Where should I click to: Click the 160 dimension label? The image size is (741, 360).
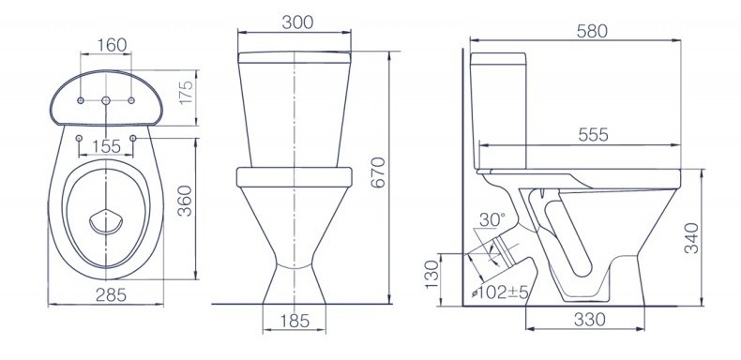[112, 45]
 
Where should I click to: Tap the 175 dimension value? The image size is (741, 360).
[187, 93]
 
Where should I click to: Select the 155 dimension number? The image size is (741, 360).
[106, 146]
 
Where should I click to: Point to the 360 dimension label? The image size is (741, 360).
[185, 201]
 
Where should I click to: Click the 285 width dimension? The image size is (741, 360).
[111, 294]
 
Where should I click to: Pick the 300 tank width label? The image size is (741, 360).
[297, 22]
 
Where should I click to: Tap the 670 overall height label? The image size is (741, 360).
[378, 172]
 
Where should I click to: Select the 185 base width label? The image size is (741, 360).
[294, 321]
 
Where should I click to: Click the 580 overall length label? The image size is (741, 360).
[592, 31]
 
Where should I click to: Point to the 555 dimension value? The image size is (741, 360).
[594, 135]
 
